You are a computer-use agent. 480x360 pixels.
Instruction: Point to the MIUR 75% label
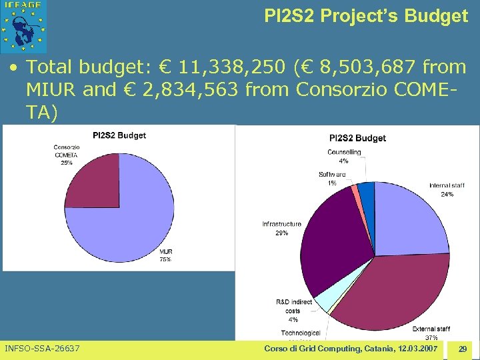[165, 255]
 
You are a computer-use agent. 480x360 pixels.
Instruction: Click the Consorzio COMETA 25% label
[67, 155]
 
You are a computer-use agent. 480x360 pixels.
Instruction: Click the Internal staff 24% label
[441, 190]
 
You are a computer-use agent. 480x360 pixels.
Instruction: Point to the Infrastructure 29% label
[281, 229]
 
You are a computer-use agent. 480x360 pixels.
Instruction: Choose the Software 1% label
[332, 179]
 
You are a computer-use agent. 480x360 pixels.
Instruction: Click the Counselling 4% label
[344, 156]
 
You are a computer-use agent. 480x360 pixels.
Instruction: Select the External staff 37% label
[431, 333]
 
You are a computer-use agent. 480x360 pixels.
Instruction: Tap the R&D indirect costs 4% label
[293, 311]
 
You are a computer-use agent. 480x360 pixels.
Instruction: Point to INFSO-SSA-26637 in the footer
[42, 349]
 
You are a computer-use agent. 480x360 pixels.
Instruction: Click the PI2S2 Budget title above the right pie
[357, 138]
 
